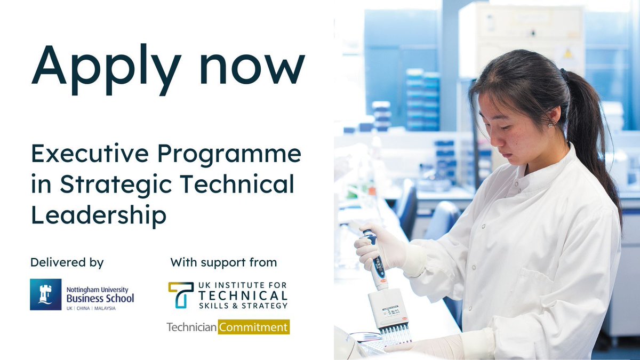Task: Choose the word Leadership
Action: (99, 215)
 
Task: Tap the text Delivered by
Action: (67, 262)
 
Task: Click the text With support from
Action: (223, 262)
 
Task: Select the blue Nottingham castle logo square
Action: (45, 294)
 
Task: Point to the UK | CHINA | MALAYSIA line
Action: (91, 308)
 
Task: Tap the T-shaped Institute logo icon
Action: (181, 295)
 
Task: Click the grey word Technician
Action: (191, 327)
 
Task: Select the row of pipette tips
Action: (395, 336)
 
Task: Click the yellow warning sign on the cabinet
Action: (568, 53)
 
